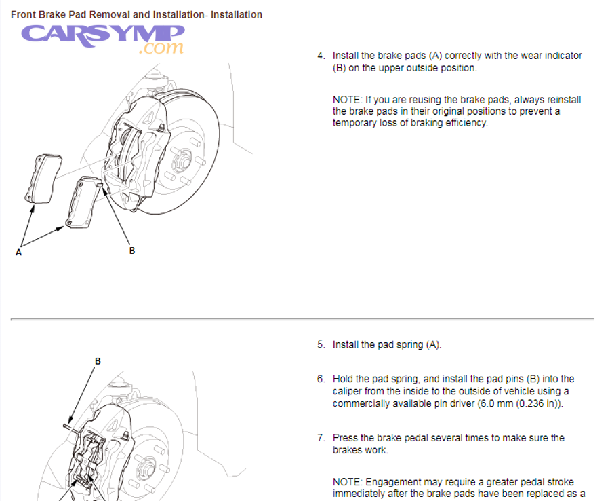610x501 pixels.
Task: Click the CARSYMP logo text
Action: coord(102,34)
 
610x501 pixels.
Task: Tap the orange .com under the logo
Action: coord(161,48)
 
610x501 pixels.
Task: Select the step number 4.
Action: coord(321,56)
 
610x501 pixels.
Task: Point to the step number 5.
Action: coord(321,345)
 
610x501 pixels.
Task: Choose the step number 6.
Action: coord(321,379)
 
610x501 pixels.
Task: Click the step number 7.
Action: coord(321,438)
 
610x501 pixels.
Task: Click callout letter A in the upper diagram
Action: coord(18,252)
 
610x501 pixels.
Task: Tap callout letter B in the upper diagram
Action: coord(132,250)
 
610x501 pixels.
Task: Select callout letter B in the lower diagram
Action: coord(98,361)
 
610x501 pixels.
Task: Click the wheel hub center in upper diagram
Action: coord(182,162)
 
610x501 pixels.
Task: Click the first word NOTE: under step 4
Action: coord(347,100)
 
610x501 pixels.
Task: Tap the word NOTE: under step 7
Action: coord(347,482)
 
